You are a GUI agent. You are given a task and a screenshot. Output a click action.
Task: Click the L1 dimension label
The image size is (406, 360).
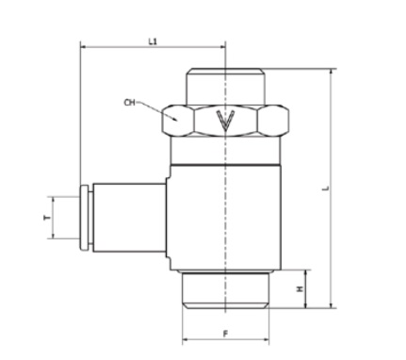pyautogui.click(x=153, y=41)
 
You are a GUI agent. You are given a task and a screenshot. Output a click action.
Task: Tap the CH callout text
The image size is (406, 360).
pyautogui.click(x=129, y=103)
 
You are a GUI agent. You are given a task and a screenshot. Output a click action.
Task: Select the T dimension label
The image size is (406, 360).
pyautogui.click(x=47, y=218)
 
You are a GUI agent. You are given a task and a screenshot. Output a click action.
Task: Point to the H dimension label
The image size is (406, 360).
pyautogui.click(x=300, y=288)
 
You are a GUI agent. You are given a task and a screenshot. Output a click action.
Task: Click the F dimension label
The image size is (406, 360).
pyautogui.click(x=225, y=334)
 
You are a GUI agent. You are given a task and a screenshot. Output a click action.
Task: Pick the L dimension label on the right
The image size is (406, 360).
pyautogui.click(x=326, y=188)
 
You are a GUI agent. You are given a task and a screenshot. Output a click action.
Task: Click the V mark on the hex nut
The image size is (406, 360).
pyautogui.click(x=225, y=121)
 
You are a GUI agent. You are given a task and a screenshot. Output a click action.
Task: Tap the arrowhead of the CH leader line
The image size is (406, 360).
pyautogui.click(x=173, y=119)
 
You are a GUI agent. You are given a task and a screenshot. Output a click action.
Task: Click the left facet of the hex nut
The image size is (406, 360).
pyautogui.click(x=178, y=121)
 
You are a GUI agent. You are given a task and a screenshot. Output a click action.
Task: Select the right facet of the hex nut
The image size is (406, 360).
pyautogui.click(x=272, y=121)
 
